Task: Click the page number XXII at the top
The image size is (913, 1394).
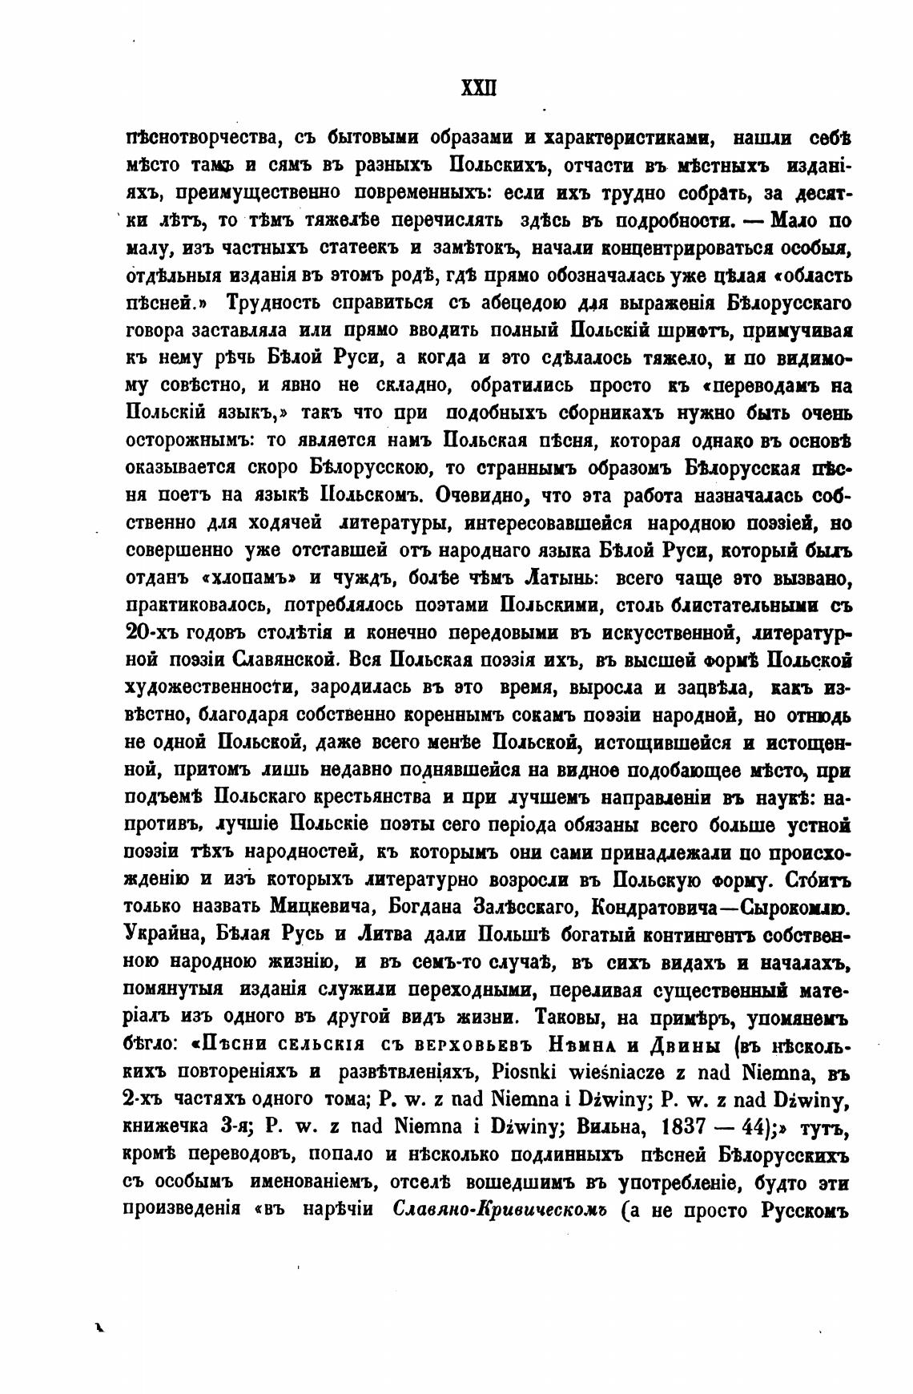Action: pos(479,87)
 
